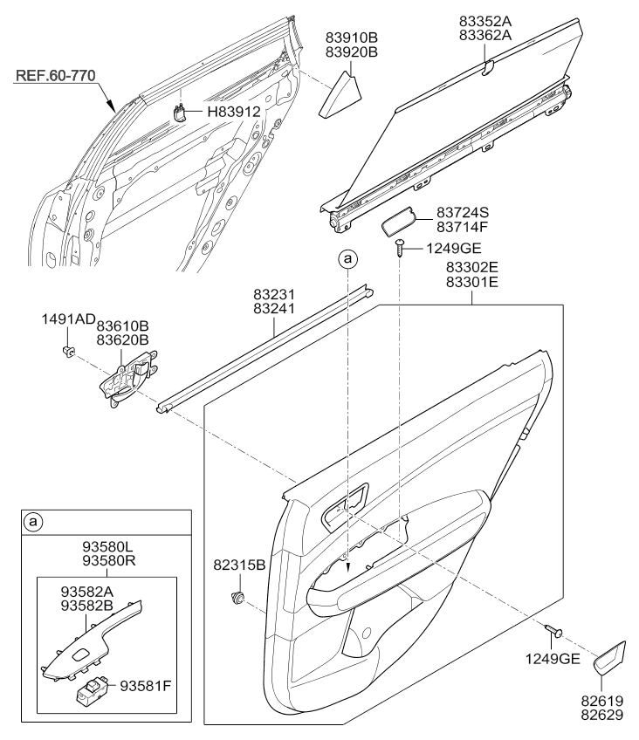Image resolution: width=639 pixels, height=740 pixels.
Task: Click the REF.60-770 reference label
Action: [x=56, y=76]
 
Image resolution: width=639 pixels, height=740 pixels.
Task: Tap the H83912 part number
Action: [x=234, y=112]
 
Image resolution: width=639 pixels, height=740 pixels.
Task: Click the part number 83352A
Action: [x=485, y=21]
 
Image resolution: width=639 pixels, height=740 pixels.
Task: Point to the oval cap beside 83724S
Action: [x=399, y=221]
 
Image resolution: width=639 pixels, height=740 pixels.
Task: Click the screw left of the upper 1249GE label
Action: [x=400, y=247]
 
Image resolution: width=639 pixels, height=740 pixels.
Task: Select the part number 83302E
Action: [x=472, y=268]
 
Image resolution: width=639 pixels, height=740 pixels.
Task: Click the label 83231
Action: [x=274, y=294]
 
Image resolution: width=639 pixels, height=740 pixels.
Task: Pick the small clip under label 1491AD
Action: [x=68, y=352]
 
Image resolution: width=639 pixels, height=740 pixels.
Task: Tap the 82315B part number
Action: [x=239, y=565]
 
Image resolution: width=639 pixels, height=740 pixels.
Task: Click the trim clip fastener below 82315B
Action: [x=237, y=598]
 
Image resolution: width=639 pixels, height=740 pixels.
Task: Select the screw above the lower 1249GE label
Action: [x=554, y=631]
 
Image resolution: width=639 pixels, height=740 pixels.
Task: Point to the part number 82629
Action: [x=601, y=715]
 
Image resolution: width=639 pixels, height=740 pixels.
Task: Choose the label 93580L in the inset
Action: [x=108, y=547]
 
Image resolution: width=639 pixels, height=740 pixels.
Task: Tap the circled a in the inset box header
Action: [x=32, y=522]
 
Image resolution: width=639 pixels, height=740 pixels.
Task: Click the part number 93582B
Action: [x=86, y=605]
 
